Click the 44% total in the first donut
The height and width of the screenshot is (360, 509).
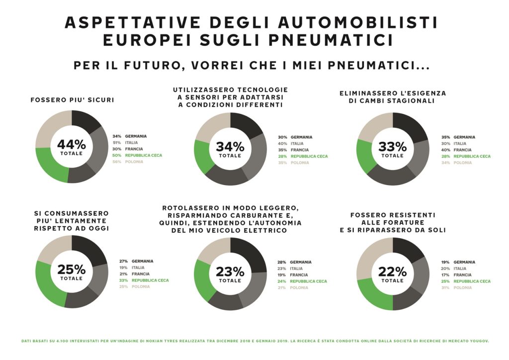coord(72,145)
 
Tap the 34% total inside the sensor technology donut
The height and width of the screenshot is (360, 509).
coord(230,147)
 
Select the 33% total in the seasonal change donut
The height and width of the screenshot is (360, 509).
coord(393,147)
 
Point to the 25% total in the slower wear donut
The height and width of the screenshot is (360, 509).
coord(72,270)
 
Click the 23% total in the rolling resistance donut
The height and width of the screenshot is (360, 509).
coord(230,272)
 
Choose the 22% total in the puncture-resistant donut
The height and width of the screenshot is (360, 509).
coord(393,271)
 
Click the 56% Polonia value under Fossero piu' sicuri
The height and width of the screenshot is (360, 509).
coord(117,162)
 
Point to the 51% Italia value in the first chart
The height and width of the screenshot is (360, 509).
coord(117,142)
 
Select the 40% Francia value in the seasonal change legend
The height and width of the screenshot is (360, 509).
coord(445,150)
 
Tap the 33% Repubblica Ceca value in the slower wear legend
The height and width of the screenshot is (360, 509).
coord(124,280)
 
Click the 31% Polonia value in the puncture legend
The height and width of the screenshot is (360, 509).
coord(445,288)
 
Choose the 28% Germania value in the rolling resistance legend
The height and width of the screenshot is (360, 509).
coord(282,262)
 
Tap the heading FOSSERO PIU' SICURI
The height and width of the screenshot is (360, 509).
coord(72,100)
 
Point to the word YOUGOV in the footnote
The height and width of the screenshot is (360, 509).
coord(477,341)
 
